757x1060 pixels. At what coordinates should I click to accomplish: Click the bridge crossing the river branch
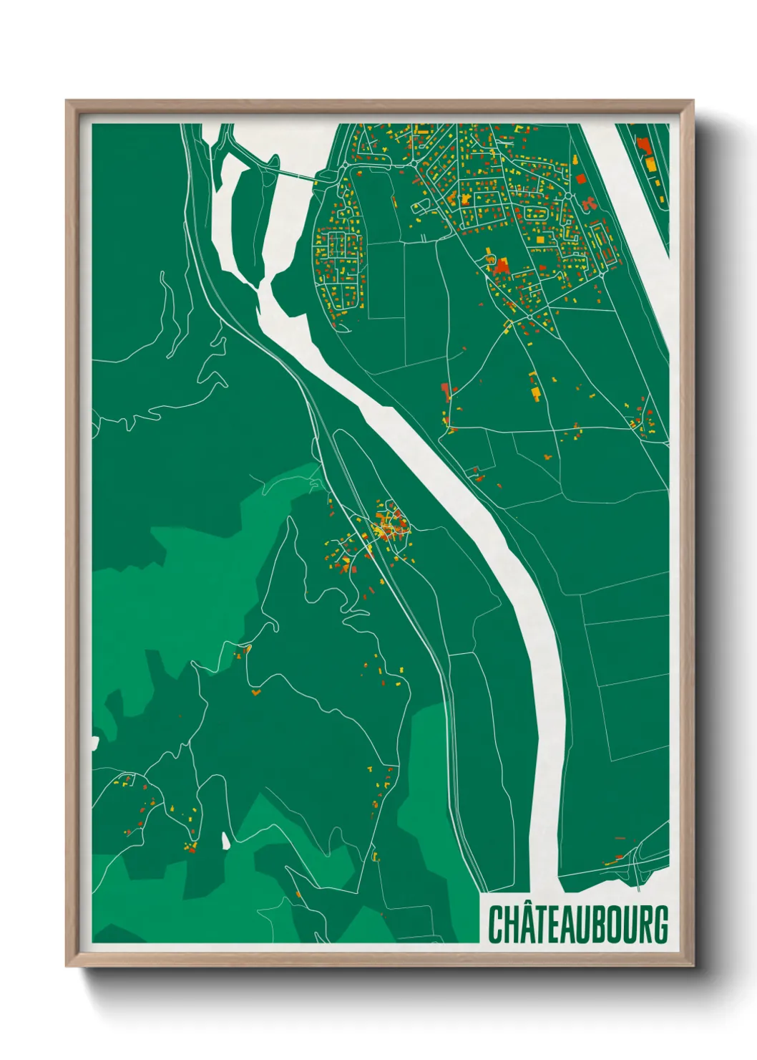pyautogui.click(x=293, y=174)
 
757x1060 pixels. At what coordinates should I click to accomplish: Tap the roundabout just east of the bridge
pyautogui.click(x=346, y=166)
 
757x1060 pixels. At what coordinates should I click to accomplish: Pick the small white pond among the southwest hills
pyautogui.click(x=226, y=840)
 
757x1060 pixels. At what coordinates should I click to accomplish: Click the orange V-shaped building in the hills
pyautogui.click(x=255, y=693)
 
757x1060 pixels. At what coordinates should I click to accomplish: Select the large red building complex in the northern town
pyautogui.click(x=499, y=267)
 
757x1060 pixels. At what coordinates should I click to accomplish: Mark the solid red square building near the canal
pyautogui.click(x=580, y=178)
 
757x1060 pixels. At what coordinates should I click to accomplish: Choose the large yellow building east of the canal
pyautogui.click(x=650, y=164)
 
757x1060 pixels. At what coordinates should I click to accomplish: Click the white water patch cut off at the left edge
pyautogui.click(x=94, y=742)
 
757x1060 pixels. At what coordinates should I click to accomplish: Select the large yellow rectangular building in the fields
pyautogui.click(x=534, y=393)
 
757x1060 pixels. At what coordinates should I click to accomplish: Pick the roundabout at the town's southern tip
pyautogui.click(x=529, y=317)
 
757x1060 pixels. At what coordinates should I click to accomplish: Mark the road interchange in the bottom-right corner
pyautogui.click(x=637, y=863)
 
